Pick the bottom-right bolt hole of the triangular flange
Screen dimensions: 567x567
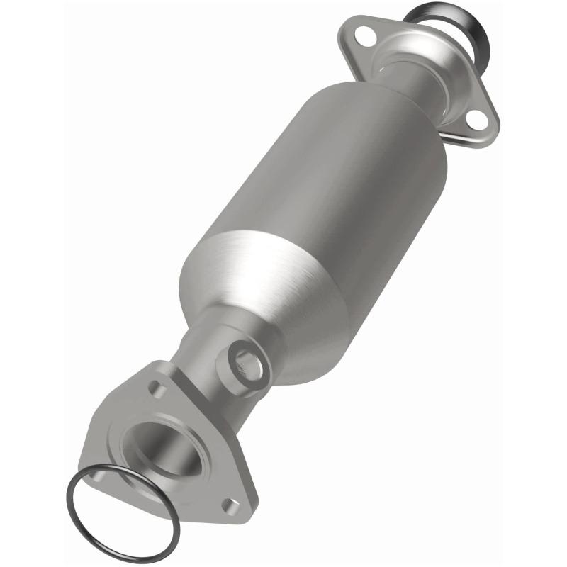click(230, 504)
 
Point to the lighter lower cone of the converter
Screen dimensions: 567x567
click(283, 298)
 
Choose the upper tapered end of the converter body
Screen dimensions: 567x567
click(383, 99)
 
